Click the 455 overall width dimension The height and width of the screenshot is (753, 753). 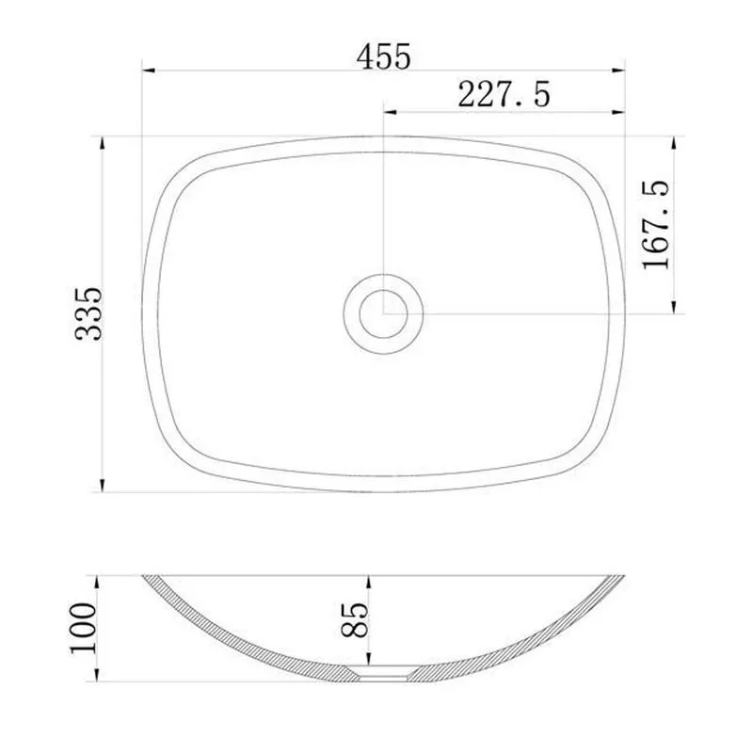[x=384, y=56]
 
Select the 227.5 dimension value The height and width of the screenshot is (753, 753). [x=504, y=95]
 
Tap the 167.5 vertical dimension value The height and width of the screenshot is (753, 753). [x=656, y=226]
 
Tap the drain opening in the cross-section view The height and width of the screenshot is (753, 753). [x=384, y=672]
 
